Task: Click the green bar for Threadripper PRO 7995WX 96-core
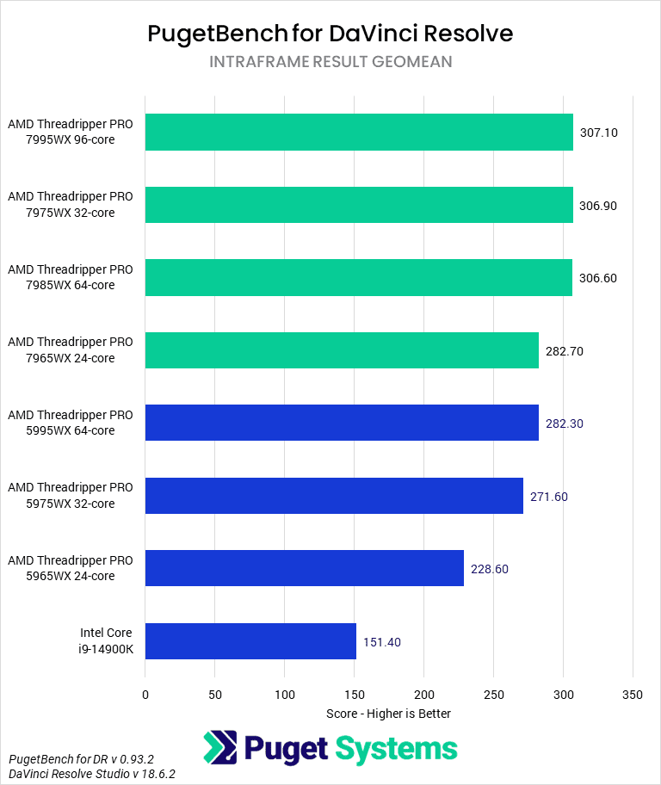click(x=359, y=133)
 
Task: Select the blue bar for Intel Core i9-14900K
click(x=250, y=641)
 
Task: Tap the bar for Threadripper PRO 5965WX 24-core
click(x=304, y=569)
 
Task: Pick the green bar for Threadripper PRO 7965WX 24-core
click(x=342, y=350)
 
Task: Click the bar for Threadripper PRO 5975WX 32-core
click(x=334, y=496)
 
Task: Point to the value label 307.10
click(x=599, y=133)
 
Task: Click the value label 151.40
click(x=382, y=642)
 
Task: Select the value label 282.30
click(x=565, y=423)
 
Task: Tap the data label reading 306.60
click(x=598, y=278)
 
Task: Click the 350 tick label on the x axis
click(x=633, y=694)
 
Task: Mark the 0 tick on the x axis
click(x=145, y=694)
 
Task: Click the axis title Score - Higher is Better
click(x=388, y=714)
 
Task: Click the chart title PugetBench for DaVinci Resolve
click(x=330, y=33)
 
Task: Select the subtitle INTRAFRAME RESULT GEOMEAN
click(x=330, y=62)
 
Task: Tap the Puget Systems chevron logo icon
click(x=220, y=748)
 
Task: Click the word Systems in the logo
click(x=396, y=748)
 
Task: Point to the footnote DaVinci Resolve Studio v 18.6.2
click(x=92, y=774)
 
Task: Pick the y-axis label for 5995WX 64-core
click(x=71, y=423)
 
